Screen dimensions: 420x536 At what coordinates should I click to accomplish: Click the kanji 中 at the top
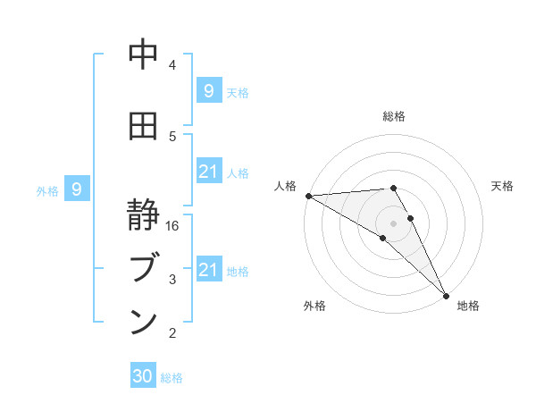point(143,55)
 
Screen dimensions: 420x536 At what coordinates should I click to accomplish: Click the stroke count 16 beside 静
point(173,226)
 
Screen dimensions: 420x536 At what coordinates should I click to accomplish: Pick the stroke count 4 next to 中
point(172,64)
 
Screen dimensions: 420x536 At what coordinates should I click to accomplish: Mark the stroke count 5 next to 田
point(172,136)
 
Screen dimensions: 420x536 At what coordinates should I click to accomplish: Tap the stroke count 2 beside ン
point(172,333)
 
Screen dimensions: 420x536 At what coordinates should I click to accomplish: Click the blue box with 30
point(143,376)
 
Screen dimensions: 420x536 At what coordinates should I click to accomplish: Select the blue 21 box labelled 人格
point(209,172)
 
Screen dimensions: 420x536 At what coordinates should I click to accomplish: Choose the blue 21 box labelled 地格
point(209,270)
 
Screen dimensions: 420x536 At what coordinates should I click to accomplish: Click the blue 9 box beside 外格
point(78,189)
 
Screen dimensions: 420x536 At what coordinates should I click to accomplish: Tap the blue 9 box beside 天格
point(209,90)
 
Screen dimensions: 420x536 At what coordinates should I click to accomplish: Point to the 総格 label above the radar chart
point(393,116)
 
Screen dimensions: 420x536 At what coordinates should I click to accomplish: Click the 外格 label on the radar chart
point(314,306)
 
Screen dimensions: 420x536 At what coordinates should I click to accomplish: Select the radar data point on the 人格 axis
point(308,196)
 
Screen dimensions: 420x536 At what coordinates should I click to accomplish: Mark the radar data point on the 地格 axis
point(446,296)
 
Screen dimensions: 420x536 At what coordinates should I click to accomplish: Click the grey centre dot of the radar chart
point(393,223)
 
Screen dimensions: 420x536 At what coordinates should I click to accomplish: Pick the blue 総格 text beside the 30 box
point(172,377)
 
